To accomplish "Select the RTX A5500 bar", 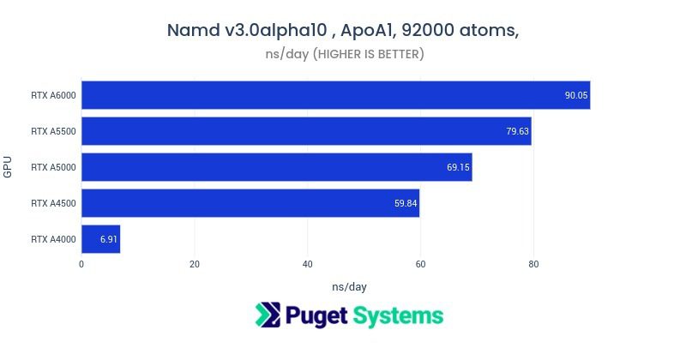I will (x=306, y=131).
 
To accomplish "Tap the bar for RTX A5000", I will (x=276, y=167).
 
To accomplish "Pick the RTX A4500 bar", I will (x=250, y=203).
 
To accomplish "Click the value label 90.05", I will (x=575, y=95).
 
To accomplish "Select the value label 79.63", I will (x=517, y=131).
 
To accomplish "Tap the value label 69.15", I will (x=458, y=167).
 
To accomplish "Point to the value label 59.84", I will (x=406, y=203).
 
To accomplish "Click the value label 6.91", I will (x=108, y=239).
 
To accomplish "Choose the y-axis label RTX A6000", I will (x=52, y=95).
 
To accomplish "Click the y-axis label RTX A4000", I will (x=52, y=239).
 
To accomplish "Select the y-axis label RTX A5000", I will (x=52, y=167).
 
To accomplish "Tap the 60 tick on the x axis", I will (x=420, y=264).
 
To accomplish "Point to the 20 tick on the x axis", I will (x=195, y=264).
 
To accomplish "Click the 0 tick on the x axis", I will (x=81, y=264).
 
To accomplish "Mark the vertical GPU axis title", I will (x=8, y=166).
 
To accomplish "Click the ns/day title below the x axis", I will (x=349, y=286).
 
